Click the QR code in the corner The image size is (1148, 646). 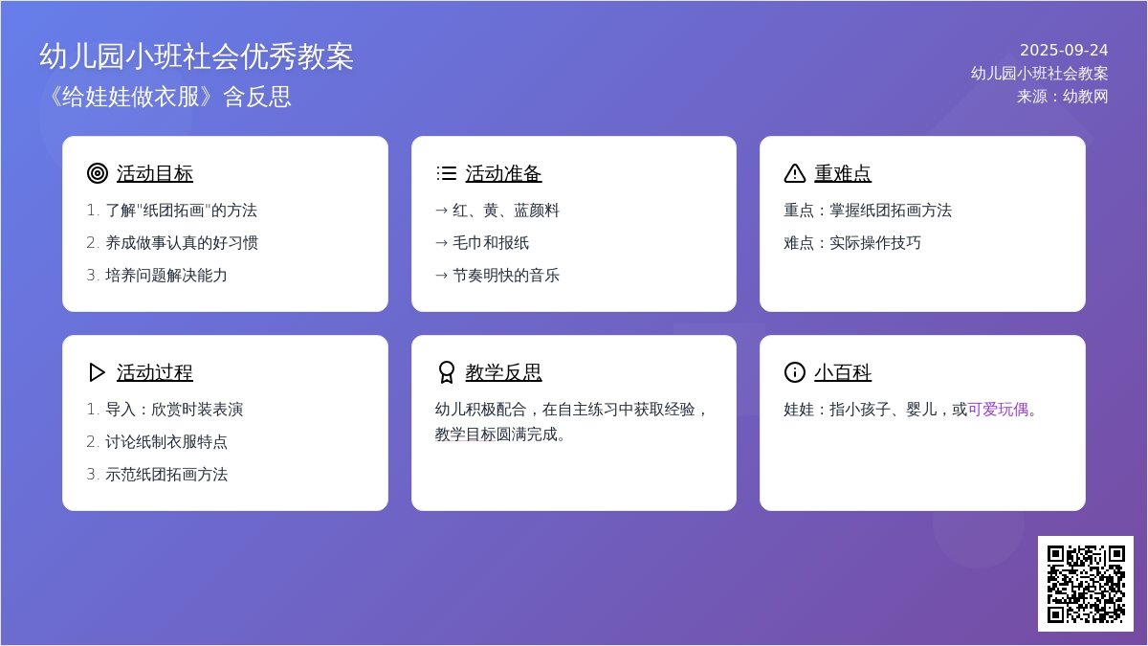(1086, 584)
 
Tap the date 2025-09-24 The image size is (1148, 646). (1064, 50)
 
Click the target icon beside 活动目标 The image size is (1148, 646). (98, 173)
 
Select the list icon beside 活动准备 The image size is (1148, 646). (447, 173)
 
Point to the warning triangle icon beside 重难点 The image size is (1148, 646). (795, 173)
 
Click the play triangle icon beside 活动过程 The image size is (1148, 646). (97, 372)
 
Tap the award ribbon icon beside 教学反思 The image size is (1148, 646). (447, 372)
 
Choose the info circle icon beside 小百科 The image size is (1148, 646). (795, 372)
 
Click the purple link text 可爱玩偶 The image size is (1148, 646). (998, 410)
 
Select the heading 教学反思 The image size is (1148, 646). (503, 372)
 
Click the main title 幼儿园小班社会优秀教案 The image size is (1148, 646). (196, 56)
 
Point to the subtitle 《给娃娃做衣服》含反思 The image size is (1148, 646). (167, 97)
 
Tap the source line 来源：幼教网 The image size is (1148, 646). (1062, 97)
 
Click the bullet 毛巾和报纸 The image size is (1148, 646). (491, 242)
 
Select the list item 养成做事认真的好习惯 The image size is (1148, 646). (182, 242)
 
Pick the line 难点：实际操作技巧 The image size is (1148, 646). (852, 242)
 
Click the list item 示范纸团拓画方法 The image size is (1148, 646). (166, 475)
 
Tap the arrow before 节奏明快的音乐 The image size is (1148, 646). (441, 276)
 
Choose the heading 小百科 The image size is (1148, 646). (843, 372)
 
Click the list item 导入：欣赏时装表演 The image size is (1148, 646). (174, 410)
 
